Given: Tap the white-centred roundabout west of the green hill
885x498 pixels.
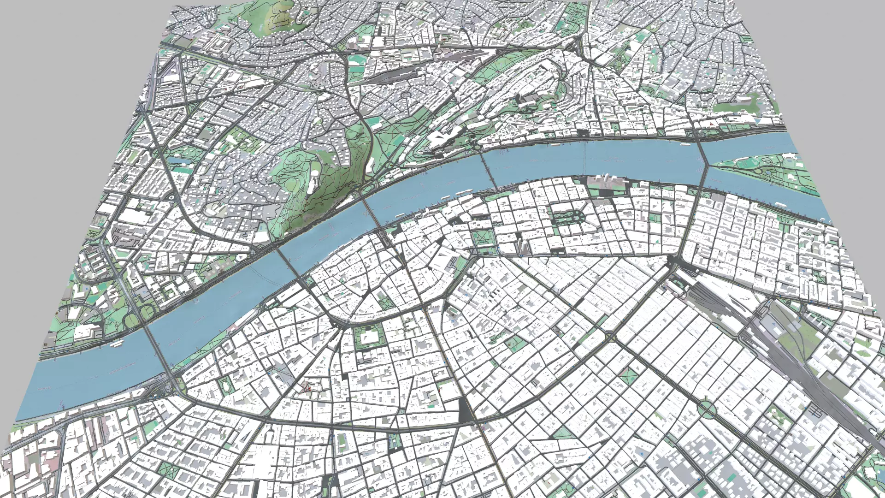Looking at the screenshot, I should [171, 197].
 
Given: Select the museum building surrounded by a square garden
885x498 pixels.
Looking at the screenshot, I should [369, 337].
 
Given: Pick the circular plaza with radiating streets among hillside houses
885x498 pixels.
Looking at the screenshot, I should [406, 95].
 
